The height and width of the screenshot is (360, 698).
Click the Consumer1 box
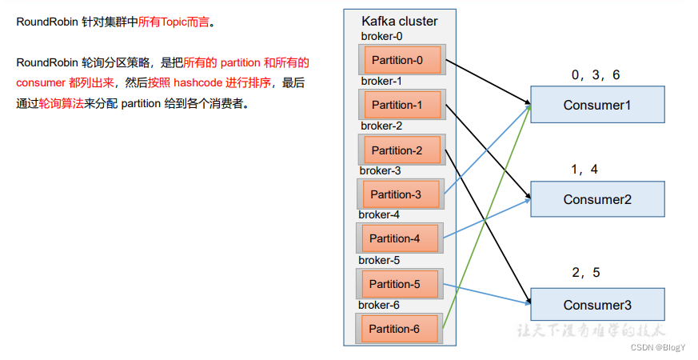pos(597,105)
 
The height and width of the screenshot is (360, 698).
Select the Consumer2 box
pos(597,199)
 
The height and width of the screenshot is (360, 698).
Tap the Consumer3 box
pos(597,305)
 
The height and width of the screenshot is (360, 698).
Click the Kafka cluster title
pos(399,21)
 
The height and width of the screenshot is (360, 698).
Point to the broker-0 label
pos(381,36)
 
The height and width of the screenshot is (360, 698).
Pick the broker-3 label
pos(380,170)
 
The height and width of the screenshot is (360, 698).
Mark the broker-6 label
pos(379,305)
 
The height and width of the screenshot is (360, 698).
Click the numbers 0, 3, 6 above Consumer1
pos(595,75)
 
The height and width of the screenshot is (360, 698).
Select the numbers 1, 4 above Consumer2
pos(584,170)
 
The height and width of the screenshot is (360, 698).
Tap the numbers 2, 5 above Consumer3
pos(585,273)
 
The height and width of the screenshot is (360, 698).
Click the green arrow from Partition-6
pos(486,216)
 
